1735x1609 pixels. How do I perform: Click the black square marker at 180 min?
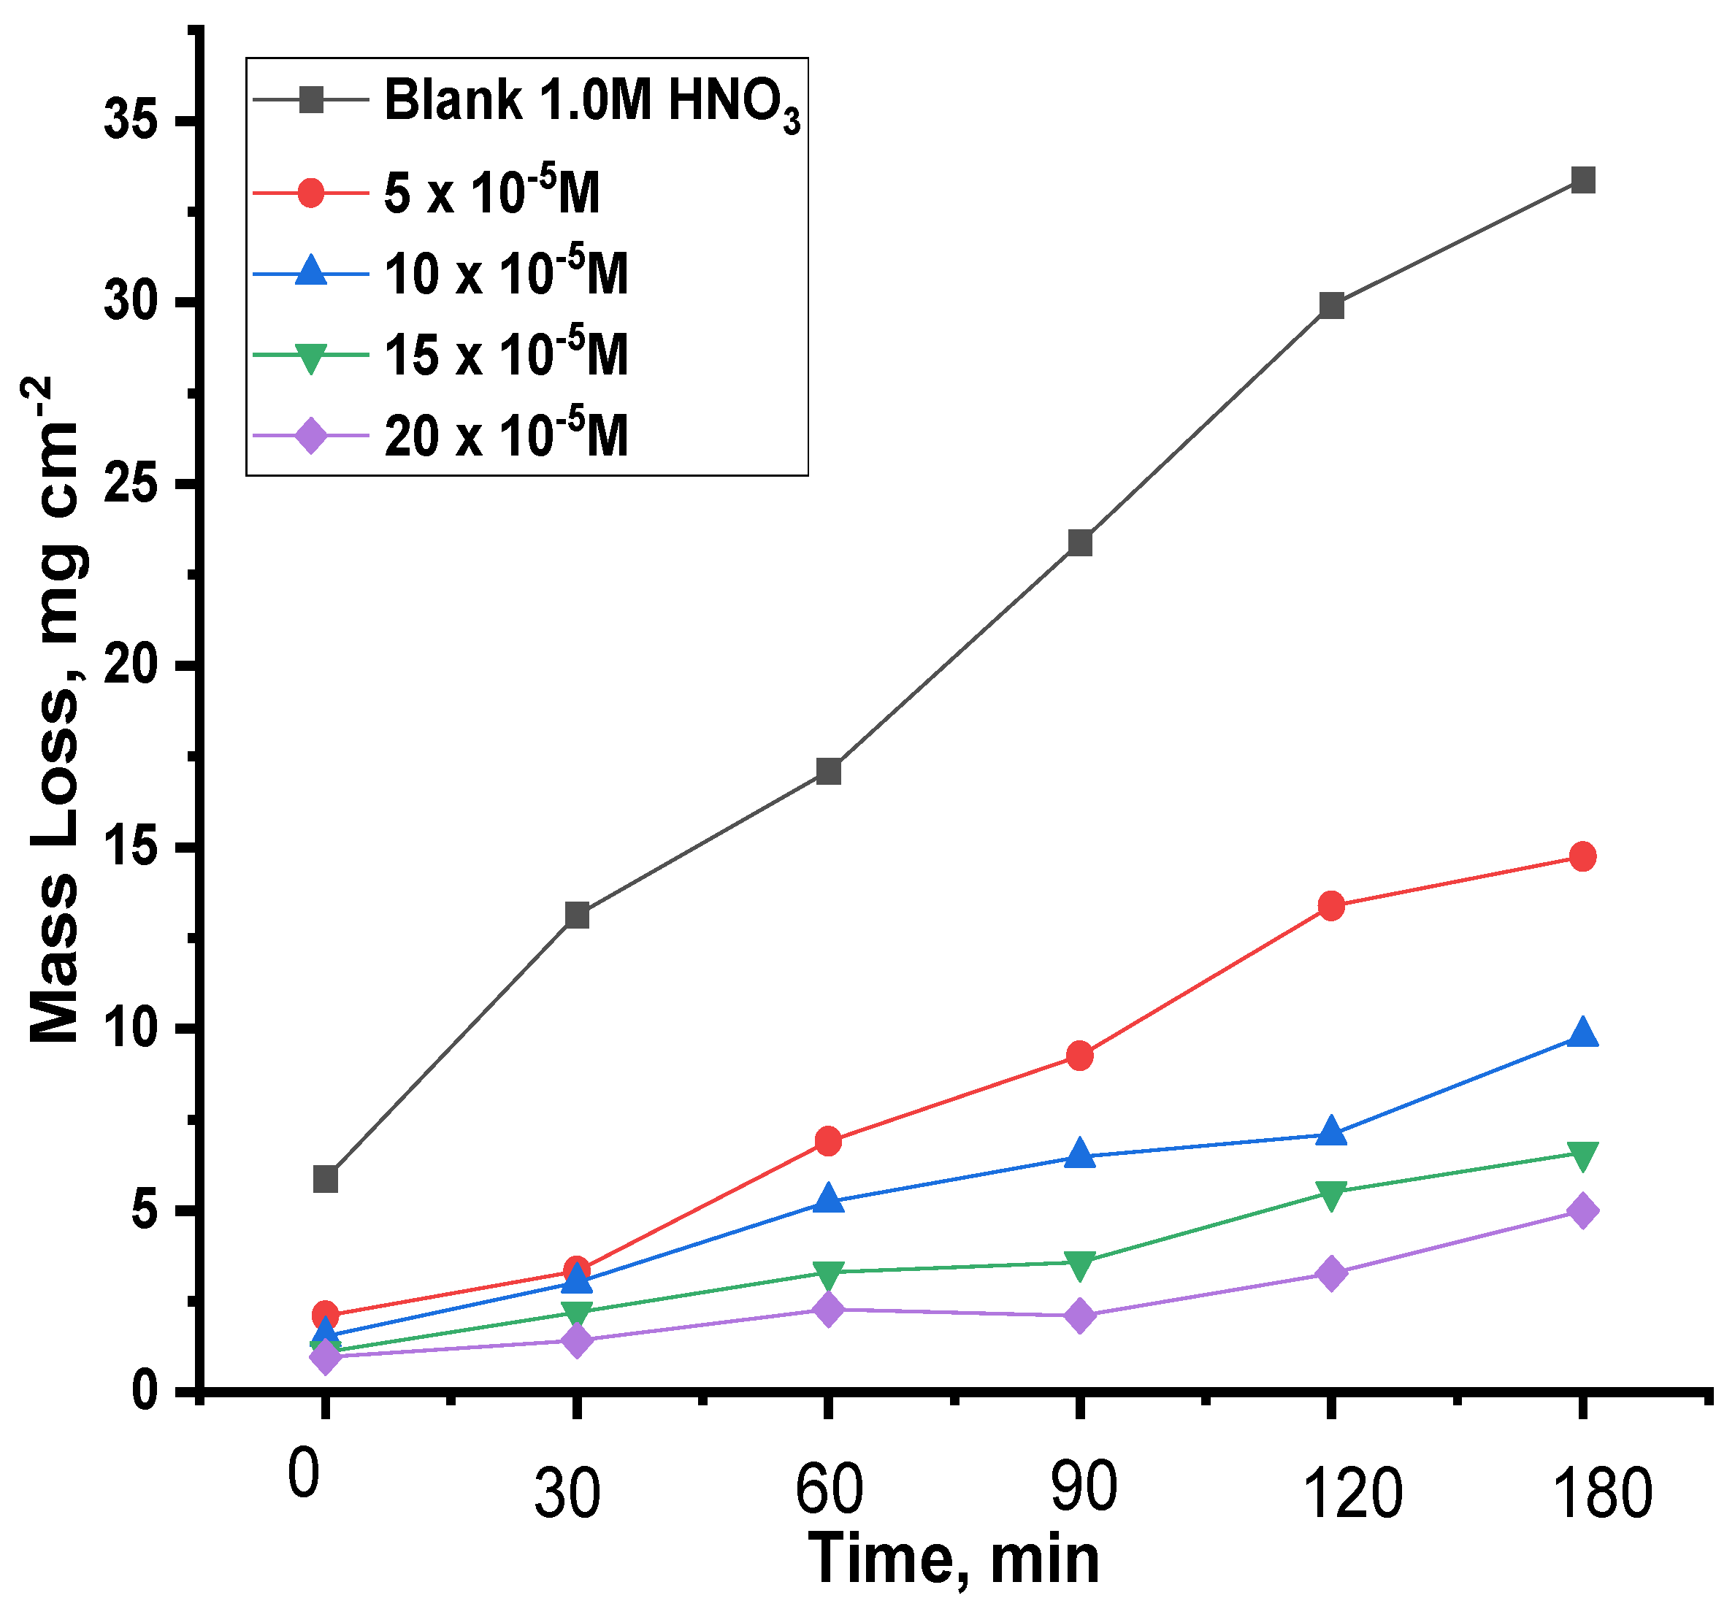[1582, 180]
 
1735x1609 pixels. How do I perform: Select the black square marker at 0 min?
[325, 1179]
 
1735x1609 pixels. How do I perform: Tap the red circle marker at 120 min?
[1330, 905]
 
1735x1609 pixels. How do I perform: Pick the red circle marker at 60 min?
[828, 1140]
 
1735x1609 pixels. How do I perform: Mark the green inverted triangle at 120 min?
[1330, 1194]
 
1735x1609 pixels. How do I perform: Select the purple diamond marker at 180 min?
[1582, 1211]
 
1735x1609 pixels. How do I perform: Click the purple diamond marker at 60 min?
[828, 1309]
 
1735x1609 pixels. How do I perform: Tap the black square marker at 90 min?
[1079, 542]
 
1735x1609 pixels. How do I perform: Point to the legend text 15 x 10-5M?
[506, 354]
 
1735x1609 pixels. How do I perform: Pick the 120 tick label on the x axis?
[1351, 1494]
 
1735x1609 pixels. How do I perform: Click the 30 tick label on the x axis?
[567, 1494]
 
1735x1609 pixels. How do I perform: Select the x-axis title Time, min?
[953, 1559]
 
